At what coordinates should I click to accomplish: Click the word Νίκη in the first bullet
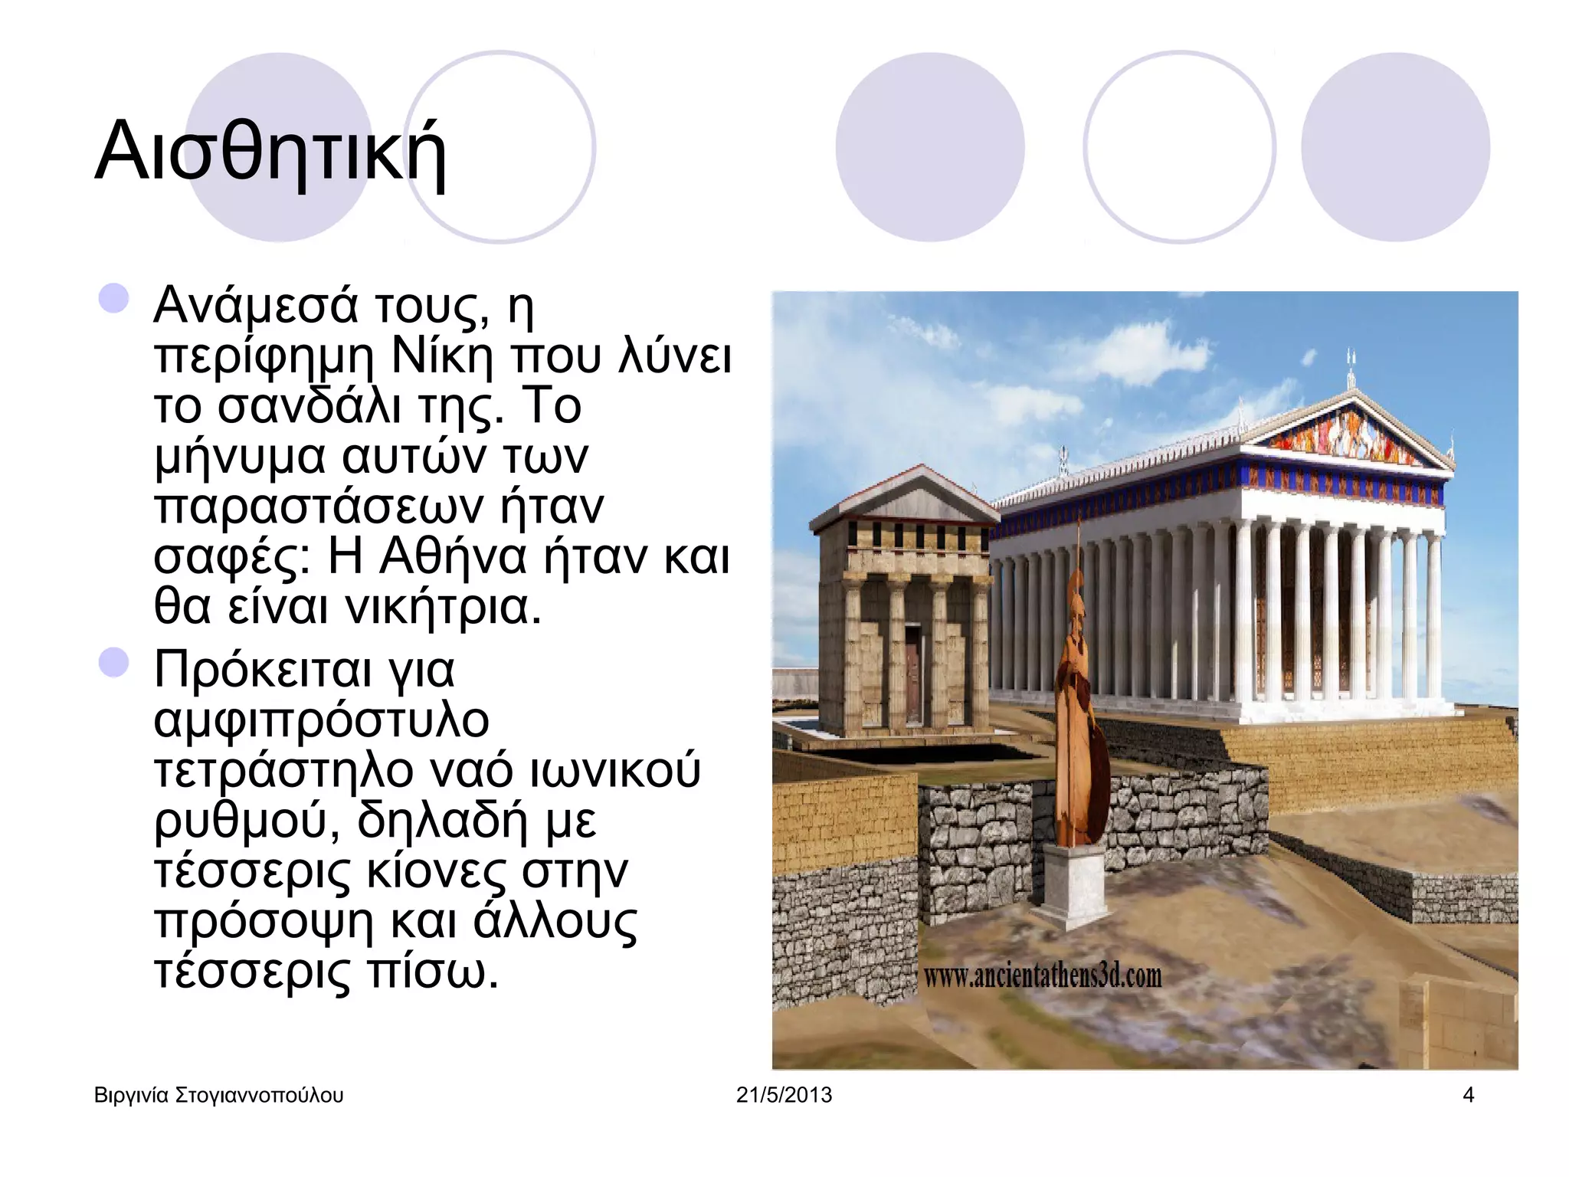(x=441, y=356)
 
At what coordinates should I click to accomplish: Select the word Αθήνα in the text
(x=452, y=557)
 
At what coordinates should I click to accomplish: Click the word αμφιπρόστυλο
(x=322, y=722)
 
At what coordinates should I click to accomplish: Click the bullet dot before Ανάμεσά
(x=113, y=299)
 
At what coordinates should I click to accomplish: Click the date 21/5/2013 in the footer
(x=784, y=1095)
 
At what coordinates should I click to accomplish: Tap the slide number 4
(x=1468, y=1095)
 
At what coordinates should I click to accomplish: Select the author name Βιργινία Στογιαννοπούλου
(x=218, y=1095)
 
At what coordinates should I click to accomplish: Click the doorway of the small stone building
(x=913, y=674)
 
